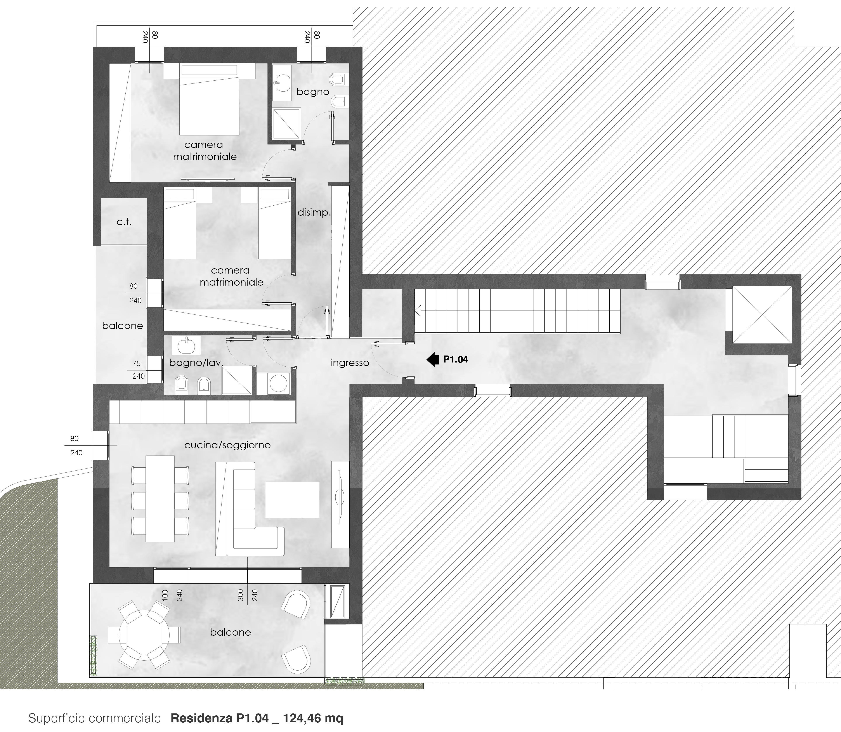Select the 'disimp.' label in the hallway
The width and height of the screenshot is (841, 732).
314,212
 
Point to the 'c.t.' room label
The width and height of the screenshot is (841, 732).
124,222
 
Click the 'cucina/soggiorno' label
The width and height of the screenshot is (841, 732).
227,445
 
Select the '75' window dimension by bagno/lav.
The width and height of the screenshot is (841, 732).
136,363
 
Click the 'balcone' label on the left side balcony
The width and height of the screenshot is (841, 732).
123,326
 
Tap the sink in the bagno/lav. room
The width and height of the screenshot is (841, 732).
188,346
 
